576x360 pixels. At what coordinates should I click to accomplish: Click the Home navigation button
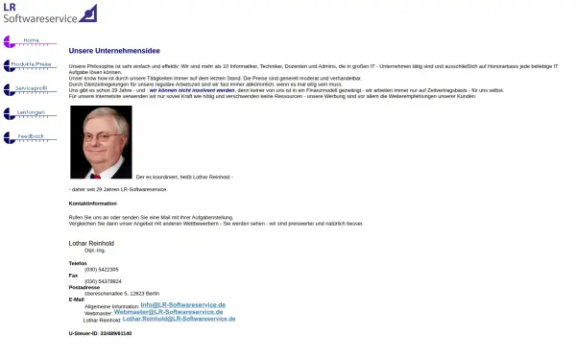coord(31,41)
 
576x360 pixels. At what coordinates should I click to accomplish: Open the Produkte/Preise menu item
coord(31,65)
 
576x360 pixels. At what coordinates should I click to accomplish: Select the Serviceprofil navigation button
coord(31,89)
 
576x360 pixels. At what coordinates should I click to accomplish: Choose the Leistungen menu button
coord(31,113)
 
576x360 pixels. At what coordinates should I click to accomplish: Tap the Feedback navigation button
coord(31,137)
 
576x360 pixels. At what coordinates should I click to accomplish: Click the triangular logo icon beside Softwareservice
coord(87,13)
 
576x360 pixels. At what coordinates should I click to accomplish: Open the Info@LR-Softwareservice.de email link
coord(182,305)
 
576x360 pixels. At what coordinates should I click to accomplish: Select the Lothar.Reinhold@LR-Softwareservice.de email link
coord(179,319)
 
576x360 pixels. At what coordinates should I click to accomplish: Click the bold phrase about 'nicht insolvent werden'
coord(192,89)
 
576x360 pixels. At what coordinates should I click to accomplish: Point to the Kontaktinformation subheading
coord(92,204)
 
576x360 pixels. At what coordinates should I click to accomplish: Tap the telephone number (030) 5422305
coord(102,269)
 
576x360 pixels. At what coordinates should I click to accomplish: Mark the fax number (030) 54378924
coord(103,281)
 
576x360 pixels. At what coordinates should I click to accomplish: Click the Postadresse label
coord(84,287)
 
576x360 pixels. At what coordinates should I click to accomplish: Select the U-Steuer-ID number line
coord(100,333)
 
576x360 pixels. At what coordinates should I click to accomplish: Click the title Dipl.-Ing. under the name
coord(95,250)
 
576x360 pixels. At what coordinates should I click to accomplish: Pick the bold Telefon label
coord(78,263)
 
